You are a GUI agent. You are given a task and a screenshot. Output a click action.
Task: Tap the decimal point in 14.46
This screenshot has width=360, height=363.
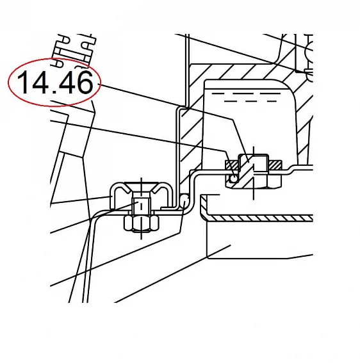tap(54, 92)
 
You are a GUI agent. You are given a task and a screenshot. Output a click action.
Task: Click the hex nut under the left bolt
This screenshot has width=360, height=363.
tap(142, 223)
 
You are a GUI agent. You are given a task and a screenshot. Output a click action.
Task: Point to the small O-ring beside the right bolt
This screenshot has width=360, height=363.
tap(234, 179)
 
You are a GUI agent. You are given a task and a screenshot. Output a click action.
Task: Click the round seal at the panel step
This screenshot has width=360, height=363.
tap(184, 200)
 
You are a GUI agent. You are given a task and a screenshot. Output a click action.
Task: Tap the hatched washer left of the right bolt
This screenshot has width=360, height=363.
tap(232, 165)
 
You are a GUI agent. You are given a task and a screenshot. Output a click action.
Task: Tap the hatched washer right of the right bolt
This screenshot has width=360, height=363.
tap(275, 165)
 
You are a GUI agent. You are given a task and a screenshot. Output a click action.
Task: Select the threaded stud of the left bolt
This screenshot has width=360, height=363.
tap(142, 206)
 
